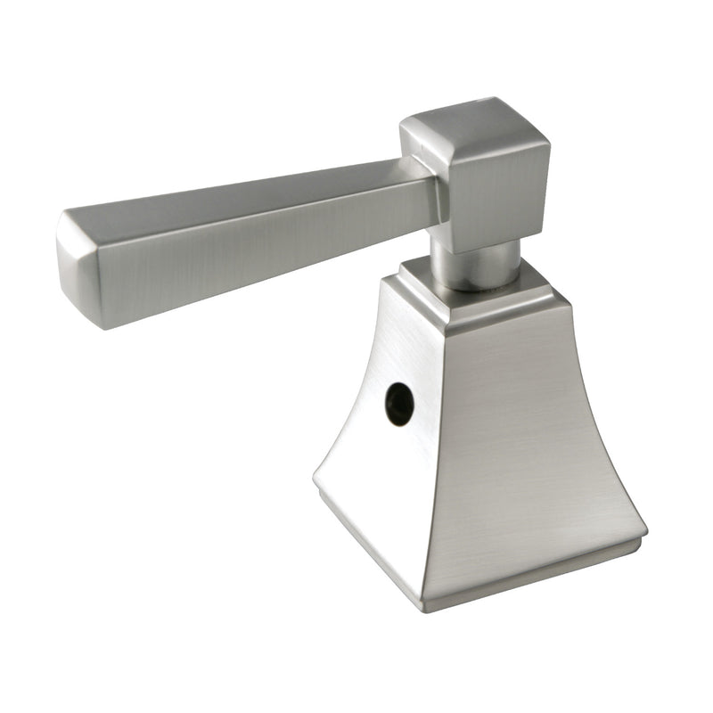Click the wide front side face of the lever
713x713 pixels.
point(267,245)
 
